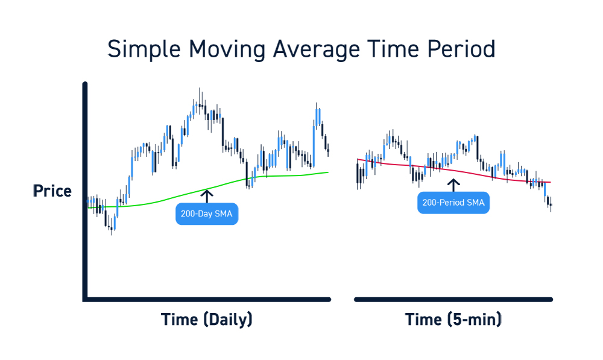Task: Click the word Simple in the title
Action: (144, 50)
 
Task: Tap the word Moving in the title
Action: (227, 50)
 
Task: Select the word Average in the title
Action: (316, 50)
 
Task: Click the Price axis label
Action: (52, 191)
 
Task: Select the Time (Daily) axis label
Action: (206, 320)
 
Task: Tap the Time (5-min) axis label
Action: (453, 320)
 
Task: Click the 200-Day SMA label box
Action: (207, 214)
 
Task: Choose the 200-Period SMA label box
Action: (453, 203)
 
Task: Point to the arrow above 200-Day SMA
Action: (207, 196)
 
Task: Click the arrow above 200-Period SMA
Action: (453, 185)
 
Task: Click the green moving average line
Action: (208, 189)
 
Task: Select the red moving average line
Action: (454, 170)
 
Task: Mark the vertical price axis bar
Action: (85, 192)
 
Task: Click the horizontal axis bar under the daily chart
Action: (207, 299)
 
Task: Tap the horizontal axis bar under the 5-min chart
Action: (453, 299)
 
